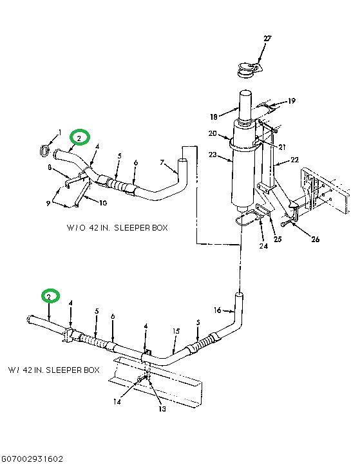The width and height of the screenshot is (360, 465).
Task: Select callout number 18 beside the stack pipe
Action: (x=214, y=118)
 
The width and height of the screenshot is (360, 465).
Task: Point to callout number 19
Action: (x=291, y=101)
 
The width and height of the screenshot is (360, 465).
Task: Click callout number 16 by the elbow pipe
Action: (x=218, y=310)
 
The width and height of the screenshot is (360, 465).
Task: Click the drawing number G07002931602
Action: (x=33, y=459)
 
